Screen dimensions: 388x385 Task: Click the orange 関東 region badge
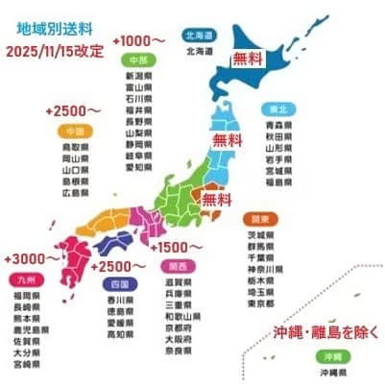click(259, 218)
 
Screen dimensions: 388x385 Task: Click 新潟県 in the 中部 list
click(141, 74)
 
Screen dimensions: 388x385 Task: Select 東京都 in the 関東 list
click(261, 303)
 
